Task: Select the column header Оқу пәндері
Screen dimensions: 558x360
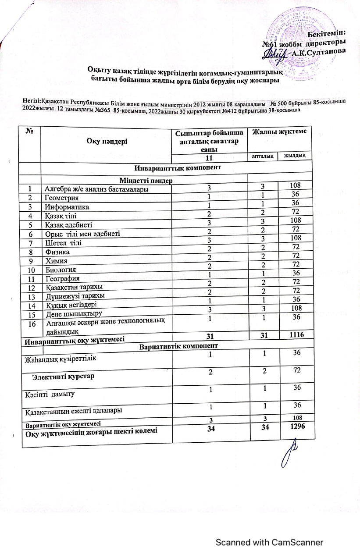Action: (105, 142)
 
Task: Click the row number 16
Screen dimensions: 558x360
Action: (31, 323)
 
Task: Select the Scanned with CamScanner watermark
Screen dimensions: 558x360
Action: (269, 542)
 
